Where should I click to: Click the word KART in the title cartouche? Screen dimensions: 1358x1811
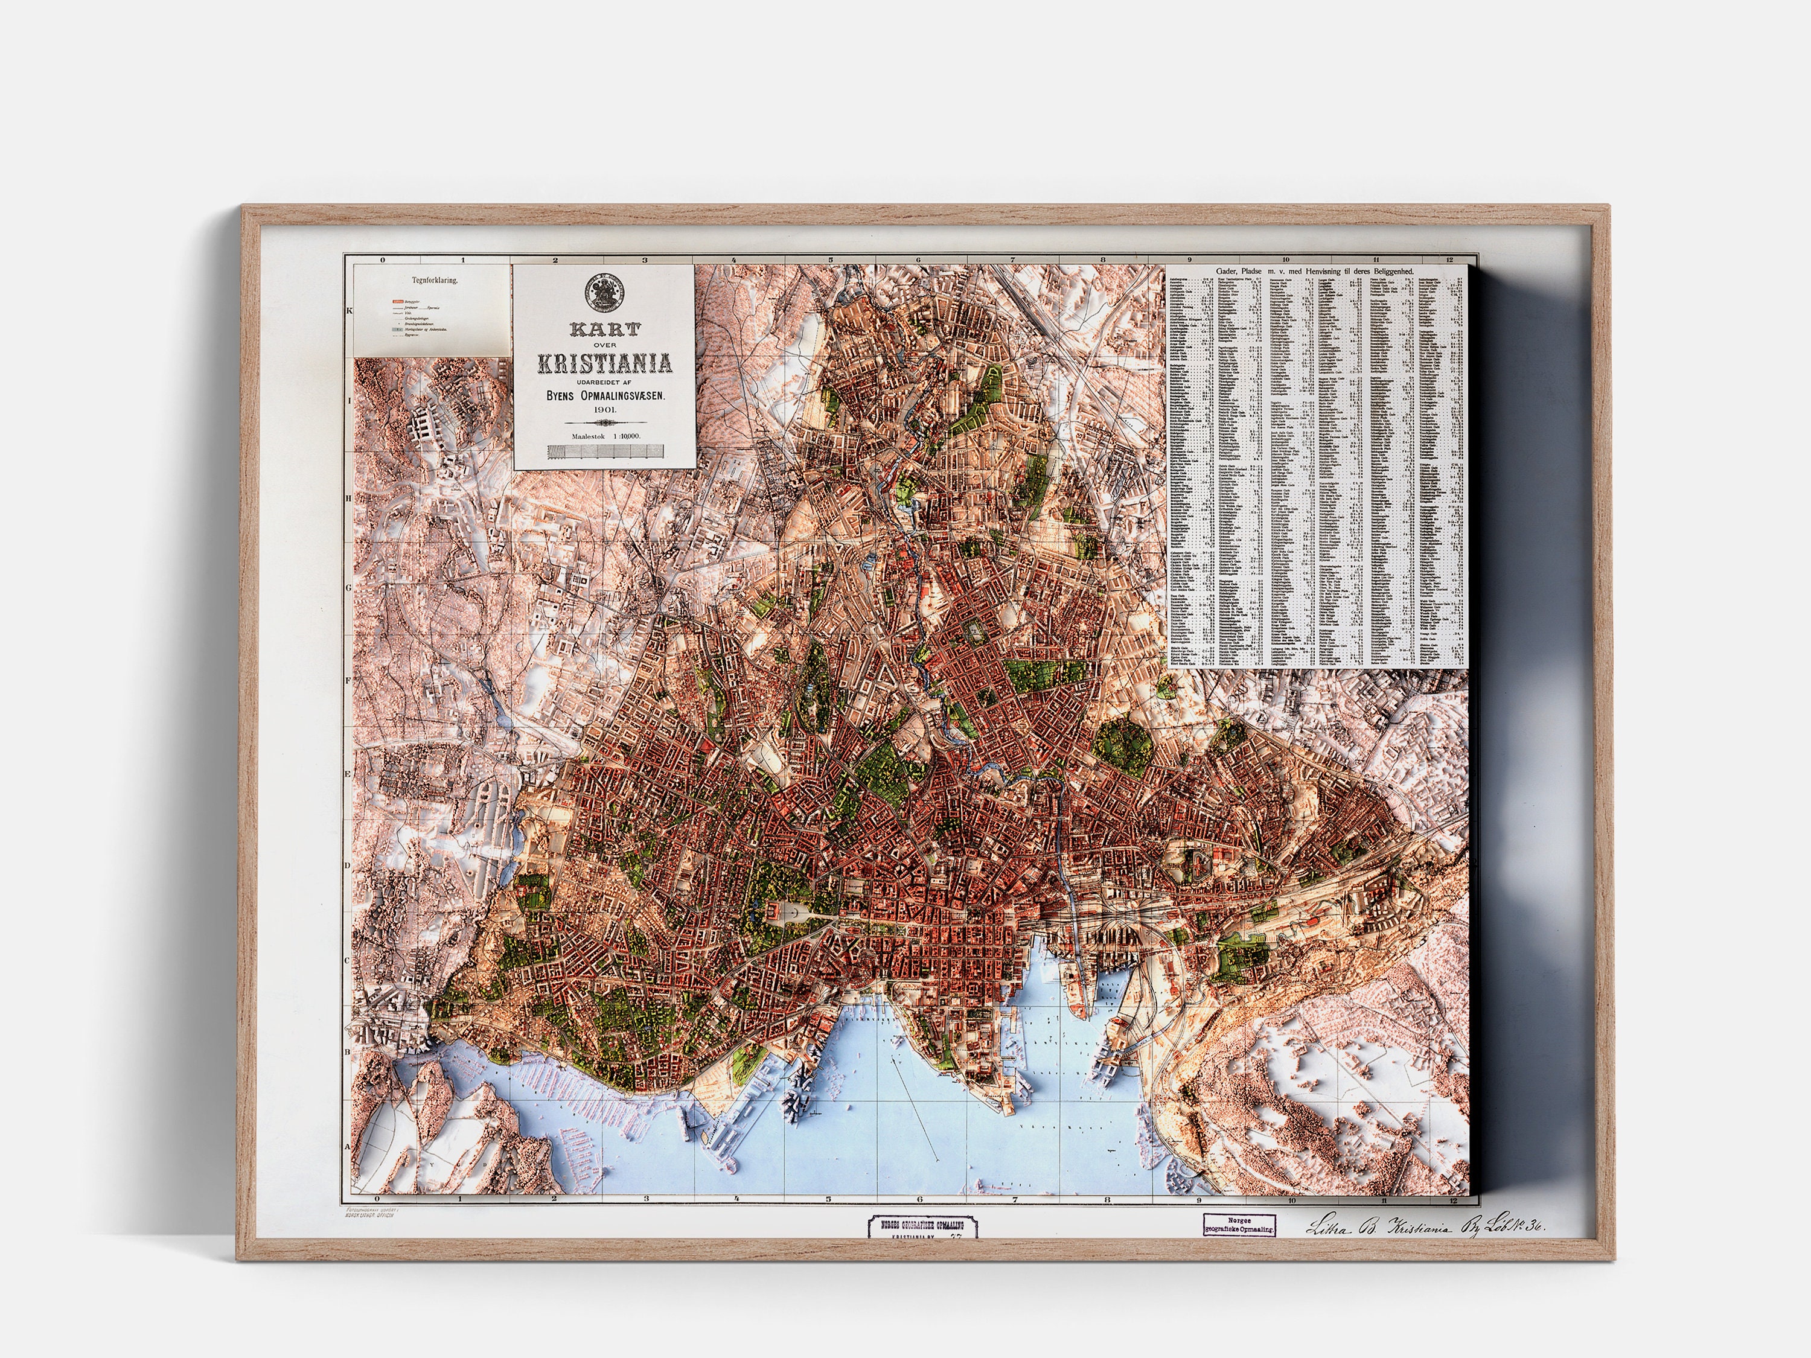pyautogui.click(x=604, y=331)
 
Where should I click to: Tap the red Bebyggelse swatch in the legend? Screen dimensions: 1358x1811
pyautogui.click(x=397, y=301)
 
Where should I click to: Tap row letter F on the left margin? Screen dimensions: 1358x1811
pyautogui.click(x=348, y=680)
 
